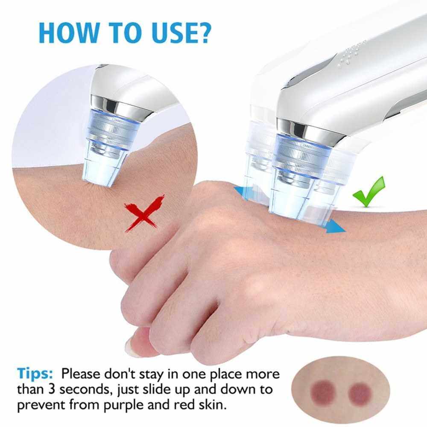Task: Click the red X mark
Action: pyautogui.click(x=144, y=213)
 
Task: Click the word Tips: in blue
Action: pyautogui.click(x=35, y=373)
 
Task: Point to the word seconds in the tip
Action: pyautogui.click(x=86, y=390)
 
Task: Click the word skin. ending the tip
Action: pyautogui.click(x=211, y=404)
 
